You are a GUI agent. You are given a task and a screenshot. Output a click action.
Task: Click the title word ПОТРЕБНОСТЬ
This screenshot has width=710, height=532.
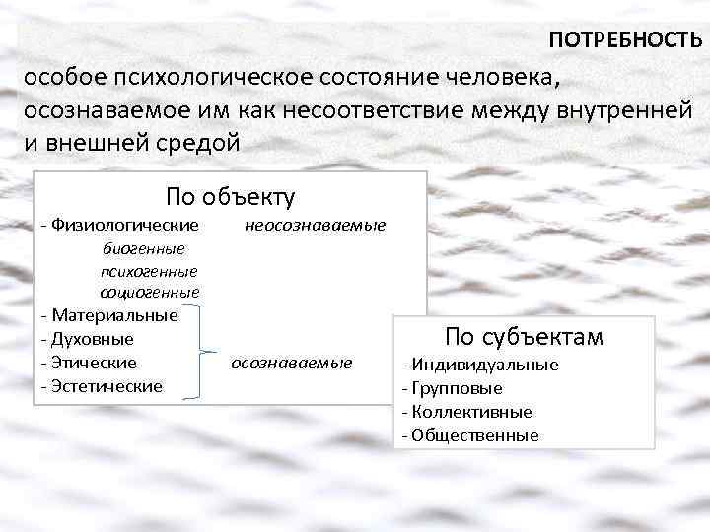coord(625,40)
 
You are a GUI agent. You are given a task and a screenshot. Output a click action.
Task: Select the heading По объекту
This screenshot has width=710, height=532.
coord(230,196)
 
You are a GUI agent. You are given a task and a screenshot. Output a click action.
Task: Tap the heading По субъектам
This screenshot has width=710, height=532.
coord(524,337)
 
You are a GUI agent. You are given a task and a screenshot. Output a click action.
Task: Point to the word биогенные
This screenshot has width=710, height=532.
coord(143,248)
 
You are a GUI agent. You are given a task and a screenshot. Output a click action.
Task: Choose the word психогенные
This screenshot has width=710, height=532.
coord(149,270)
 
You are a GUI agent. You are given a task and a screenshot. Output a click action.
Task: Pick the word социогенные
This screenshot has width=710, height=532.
coord(150,292)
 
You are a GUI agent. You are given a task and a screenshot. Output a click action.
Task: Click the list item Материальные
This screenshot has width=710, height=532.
coord(112,315)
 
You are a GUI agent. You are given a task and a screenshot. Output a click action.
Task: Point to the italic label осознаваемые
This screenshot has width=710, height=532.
coord(291,364)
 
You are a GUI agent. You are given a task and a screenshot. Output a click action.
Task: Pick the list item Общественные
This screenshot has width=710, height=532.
coord(472,435)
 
